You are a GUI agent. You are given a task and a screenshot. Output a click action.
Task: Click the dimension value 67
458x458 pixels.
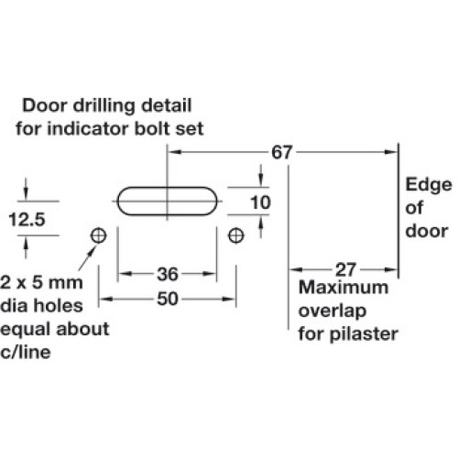pos(282,152)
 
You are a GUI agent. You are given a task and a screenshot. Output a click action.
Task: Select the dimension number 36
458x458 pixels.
pos(168,274)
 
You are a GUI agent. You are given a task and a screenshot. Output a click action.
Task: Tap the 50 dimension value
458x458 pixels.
pos(168,299)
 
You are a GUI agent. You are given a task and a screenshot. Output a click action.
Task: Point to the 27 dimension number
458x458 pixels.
pos(345,269)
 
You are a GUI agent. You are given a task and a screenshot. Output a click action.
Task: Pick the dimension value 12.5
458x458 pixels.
pos(27,220)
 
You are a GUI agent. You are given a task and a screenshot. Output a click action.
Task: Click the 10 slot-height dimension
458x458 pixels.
pos(260,202)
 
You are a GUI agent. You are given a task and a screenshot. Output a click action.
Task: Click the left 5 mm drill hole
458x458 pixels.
pos(99,235)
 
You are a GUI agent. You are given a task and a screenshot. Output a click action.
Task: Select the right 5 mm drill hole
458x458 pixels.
pos(236,235)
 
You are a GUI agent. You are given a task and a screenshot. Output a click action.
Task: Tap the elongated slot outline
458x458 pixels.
pos(167,187)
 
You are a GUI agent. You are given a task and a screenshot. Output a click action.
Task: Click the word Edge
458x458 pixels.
pos(429,185)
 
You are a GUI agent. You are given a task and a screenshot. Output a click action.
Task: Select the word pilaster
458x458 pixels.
pos(364,333)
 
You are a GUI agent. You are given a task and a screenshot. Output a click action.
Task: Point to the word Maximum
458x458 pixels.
pos(343,288)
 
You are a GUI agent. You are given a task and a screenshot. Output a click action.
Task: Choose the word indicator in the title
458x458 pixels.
pos(89,128)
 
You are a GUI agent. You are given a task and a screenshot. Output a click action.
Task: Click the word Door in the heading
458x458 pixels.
pos(45,105)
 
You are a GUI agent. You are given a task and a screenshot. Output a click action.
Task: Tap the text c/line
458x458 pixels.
pos(26,352)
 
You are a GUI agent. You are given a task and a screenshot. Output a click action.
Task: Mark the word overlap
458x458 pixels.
pos(333,311)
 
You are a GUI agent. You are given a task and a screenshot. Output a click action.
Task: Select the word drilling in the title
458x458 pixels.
pos(104,106)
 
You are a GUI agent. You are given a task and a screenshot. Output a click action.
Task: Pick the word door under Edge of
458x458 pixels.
pos(427,231)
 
